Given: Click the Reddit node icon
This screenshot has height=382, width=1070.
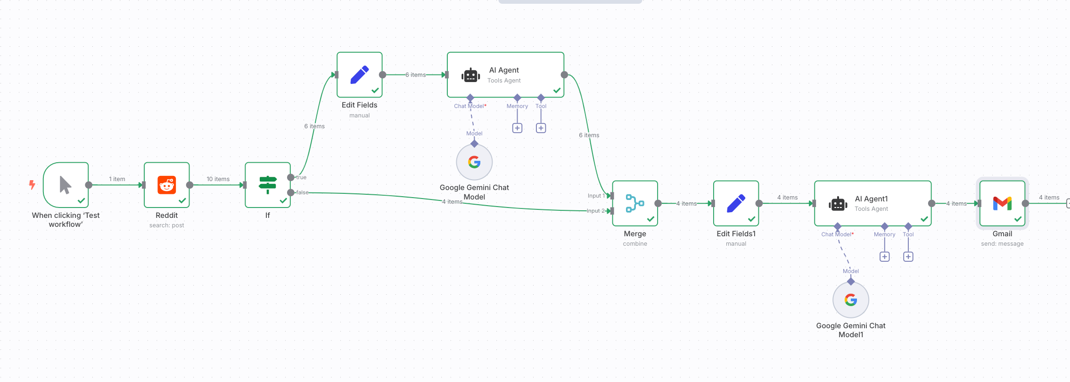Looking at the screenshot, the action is point(167,185).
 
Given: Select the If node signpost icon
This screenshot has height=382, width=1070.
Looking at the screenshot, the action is point(268,185).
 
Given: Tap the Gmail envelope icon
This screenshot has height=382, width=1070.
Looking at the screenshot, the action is point(1002,203).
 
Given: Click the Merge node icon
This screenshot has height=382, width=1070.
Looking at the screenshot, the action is point(635,203).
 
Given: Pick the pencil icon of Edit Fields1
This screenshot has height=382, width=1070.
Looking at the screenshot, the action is point(736,203).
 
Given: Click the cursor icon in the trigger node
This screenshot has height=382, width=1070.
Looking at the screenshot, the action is point(66,185).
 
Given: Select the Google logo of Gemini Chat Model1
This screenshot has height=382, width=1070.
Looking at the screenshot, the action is point(851,300).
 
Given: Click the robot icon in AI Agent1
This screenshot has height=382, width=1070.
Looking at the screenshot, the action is point(838,204).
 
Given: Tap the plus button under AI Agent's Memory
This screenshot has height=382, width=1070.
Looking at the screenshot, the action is point(517,128).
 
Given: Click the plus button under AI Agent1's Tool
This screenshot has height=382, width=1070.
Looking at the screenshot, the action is point(908,257).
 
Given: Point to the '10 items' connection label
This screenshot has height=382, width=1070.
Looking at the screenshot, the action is point(218,179).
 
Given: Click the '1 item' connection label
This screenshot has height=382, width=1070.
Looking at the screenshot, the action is point(117,179).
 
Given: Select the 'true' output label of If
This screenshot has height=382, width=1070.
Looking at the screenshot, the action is point(301,177).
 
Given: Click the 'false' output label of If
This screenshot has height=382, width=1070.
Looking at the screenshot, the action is point(303,192).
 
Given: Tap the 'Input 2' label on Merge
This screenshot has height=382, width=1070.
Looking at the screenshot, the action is point(596,211).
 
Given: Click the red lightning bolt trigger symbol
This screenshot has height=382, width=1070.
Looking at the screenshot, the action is point(32,184).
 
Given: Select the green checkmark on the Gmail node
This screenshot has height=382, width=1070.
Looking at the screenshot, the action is point(1018,219).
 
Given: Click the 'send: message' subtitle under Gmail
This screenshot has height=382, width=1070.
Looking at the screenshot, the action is point(1002,244).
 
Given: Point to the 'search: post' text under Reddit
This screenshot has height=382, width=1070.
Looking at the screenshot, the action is point(167,225).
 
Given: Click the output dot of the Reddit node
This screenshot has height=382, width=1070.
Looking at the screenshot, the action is point(190,185).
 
